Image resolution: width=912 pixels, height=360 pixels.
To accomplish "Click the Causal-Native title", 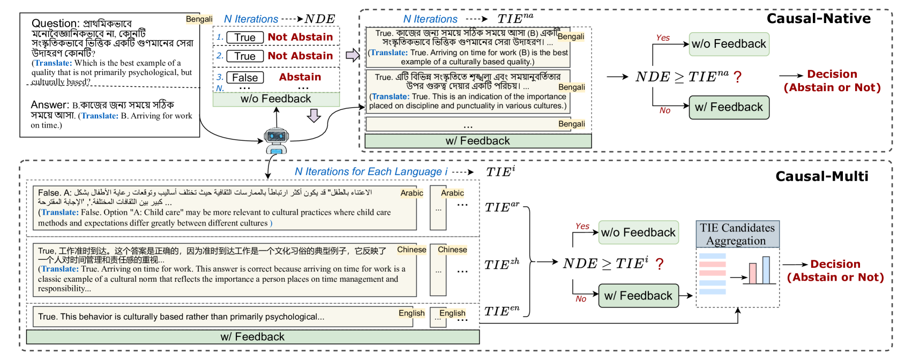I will (818, 19).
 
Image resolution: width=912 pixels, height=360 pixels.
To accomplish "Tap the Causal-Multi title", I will (821, 176).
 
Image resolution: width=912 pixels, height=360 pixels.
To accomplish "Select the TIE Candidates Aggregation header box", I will (737, 234).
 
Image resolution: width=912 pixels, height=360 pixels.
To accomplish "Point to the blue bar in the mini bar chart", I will (766, 270).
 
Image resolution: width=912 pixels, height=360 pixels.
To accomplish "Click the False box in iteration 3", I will (245, 78).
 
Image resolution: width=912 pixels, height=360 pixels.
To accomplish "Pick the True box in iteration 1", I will (245, 37).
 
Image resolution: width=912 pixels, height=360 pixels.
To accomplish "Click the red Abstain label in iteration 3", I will (300, 77).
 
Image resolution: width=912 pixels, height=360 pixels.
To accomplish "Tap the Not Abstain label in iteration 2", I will (300, 56).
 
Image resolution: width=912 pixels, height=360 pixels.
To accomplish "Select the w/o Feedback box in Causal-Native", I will (729, 44).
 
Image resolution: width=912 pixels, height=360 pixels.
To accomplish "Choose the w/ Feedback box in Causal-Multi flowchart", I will (638, 296).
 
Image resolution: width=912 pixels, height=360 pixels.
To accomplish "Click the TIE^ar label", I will (502, 207).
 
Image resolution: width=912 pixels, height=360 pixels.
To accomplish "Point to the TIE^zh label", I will (502, 264).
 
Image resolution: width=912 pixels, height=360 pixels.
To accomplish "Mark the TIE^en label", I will (502, 311).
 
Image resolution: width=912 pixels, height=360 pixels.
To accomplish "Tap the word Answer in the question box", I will (50, 105).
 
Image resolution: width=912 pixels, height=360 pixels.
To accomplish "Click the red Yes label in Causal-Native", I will (663, 38).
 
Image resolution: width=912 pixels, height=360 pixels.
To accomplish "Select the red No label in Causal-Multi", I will (581, 299).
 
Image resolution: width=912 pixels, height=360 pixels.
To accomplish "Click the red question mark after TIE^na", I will (738, 77).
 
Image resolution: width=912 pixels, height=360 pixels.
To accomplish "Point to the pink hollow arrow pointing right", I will (352, 55).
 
